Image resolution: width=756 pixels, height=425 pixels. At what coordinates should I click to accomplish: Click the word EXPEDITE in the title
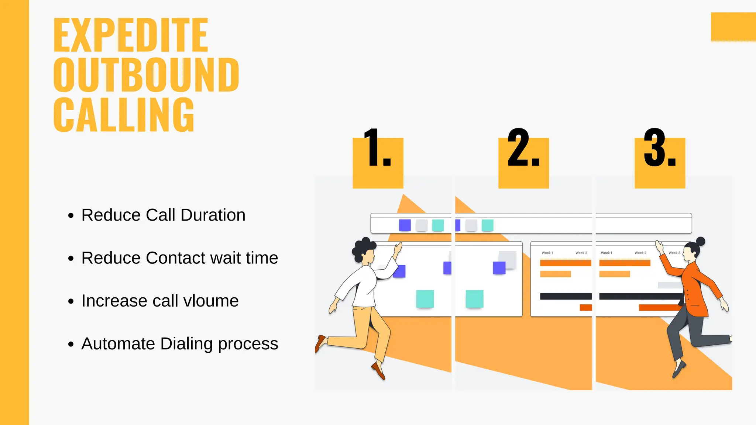(131, 35)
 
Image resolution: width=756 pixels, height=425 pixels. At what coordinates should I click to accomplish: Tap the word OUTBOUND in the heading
(146, 75)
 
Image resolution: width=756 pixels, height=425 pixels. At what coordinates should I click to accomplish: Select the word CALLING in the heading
(124, 115)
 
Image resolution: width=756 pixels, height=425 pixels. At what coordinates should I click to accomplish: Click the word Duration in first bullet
(213, 215)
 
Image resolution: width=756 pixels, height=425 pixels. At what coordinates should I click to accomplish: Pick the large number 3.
(659, 149)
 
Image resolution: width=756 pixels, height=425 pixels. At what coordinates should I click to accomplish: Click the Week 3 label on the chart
(674, 253)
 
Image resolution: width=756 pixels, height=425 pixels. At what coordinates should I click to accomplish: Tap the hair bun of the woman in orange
(700, 242)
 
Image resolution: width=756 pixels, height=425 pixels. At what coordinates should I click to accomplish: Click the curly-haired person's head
(364, 251)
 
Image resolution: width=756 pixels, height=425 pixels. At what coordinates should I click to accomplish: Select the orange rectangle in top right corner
(733, 27)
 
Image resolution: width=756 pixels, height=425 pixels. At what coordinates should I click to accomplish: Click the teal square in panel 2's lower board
(474, 299)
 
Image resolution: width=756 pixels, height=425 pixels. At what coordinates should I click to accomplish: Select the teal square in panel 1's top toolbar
(438, 225)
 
